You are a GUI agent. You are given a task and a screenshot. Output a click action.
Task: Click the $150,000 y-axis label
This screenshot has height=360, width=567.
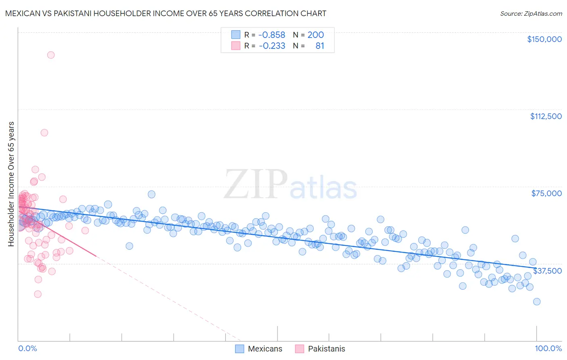tap(544, 39)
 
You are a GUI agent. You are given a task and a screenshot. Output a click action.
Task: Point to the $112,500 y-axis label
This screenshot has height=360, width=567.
tap(546, 116)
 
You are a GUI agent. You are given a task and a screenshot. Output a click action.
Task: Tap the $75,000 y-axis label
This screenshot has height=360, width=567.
tap(546, 193)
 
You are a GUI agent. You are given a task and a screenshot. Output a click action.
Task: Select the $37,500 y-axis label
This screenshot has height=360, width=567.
tap(547, 271)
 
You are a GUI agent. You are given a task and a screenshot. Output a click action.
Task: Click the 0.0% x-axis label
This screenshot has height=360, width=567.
tap(27, 348)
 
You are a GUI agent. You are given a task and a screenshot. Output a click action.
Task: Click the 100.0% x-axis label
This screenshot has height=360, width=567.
tap(548, 348)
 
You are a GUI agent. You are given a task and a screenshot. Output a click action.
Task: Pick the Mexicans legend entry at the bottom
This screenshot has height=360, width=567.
tap(258, 349)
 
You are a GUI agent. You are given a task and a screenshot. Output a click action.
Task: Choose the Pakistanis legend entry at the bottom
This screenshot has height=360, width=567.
tap(320, 349)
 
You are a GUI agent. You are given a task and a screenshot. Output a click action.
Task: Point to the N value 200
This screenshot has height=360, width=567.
tap(315, 35)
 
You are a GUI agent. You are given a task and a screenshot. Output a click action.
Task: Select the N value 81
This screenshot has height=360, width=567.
tap(320, 46)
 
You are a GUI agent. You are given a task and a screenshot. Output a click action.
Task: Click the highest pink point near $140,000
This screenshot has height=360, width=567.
tap(51, 55)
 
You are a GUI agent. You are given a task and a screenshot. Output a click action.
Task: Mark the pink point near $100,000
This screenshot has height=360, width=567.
tap(44, 132)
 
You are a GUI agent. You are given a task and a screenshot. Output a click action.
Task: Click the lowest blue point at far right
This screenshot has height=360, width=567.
tap(536, 301)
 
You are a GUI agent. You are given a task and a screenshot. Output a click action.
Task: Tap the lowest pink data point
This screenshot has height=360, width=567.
tap(38, 294)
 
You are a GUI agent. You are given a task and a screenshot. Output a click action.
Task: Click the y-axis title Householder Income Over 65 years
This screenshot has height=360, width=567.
tap(11, 184)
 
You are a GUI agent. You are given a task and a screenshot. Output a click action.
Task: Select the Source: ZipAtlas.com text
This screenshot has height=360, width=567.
tap(531, 14)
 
